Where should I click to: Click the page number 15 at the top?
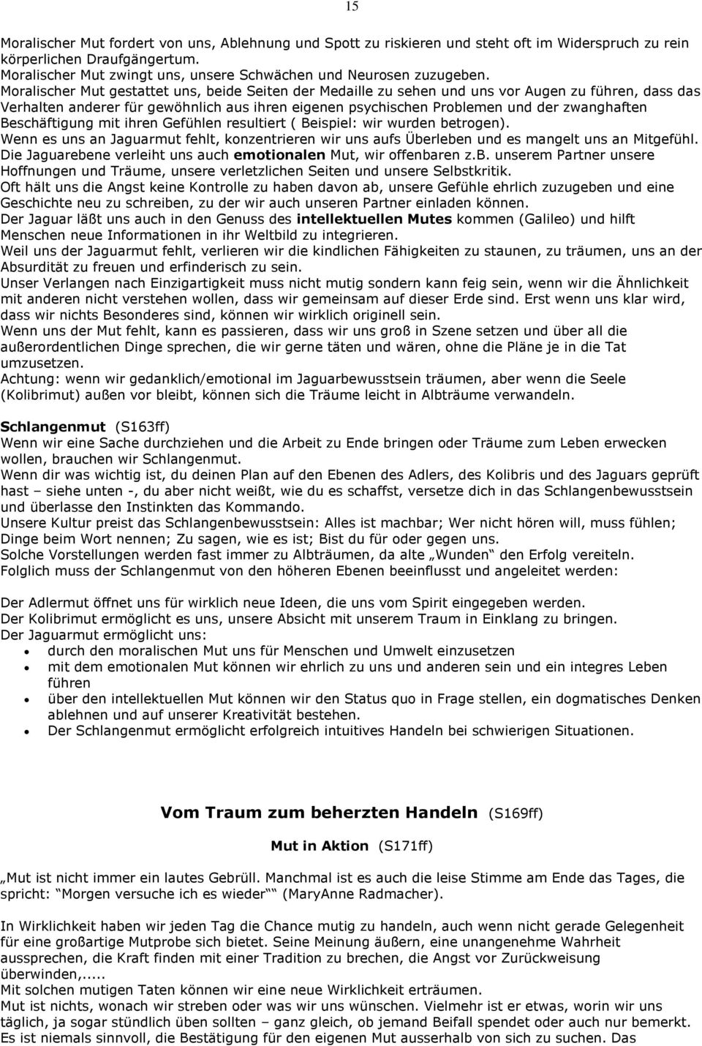click(x=352, y=7)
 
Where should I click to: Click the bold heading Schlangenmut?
click(x=53, y=426)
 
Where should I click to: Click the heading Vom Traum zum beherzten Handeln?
click(x=320, y=813)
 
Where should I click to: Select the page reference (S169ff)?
click(x=516, y=813)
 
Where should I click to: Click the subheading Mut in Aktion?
click(x=320, y=846)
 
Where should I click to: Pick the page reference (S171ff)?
click(x=405, y=846)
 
